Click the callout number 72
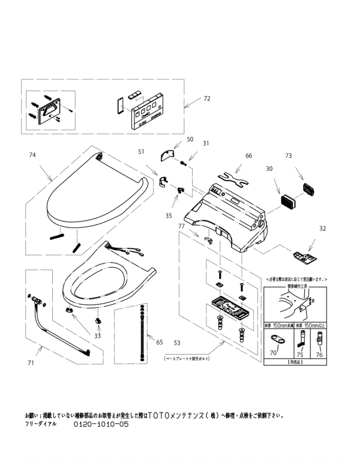click(x=207, y=98)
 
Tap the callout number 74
click(x=32, y=155)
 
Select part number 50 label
click(x=190, y=139)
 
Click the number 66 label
click(x=248, y=155)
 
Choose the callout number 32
click(x=323, y=228)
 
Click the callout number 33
click(x=97, y=336)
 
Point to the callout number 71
click(x=31, y=363)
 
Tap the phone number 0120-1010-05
click(x=101, y=424)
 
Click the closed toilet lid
click(x=96, y=195)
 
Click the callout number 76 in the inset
click(x=319, y=354)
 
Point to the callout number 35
click(x=169, y=215)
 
